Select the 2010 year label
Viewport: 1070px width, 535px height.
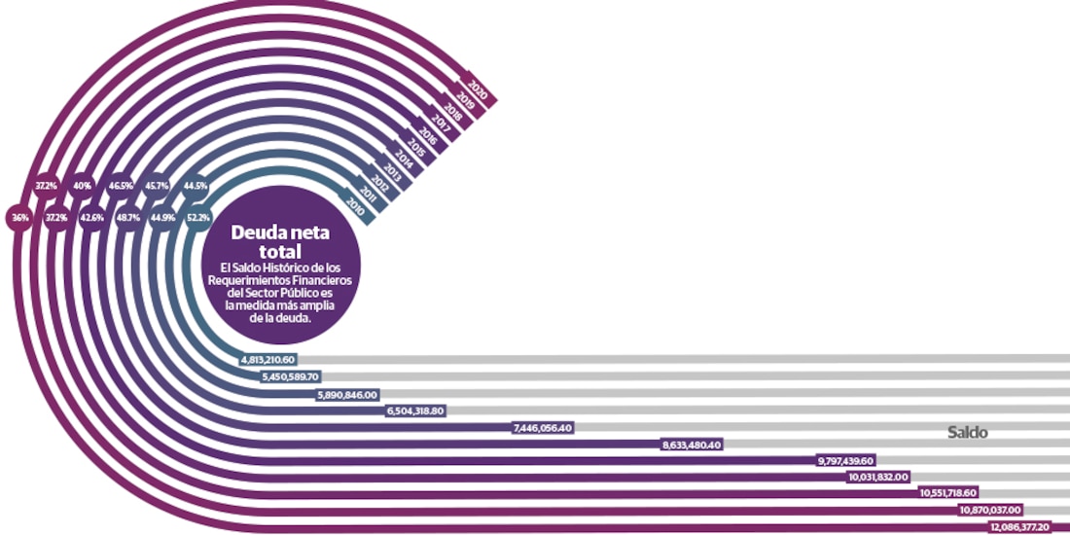coord(355,205)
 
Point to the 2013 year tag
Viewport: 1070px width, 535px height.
coord(392,172)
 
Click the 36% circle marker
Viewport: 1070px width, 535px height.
coord(19,218)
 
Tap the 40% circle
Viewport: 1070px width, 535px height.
coord(82,185)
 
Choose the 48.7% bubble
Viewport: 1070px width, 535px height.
coord(125,218)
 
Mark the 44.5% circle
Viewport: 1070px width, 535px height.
coord(195,185)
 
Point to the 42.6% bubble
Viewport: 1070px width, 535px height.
coord(91,218)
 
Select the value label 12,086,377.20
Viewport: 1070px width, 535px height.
coord(1019,526)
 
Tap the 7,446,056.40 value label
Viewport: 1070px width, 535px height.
coord(543,426)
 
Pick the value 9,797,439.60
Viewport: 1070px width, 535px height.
coord(846,460)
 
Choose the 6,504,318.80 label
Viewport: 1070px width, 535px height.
coord(416,410)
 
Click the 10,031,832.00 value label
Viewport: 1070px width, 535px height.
coord(878,477)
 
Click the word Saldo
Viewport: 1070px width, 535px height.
coord(968,433)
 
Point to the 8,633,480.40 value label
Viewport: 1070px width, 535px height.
coord(692,444)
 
